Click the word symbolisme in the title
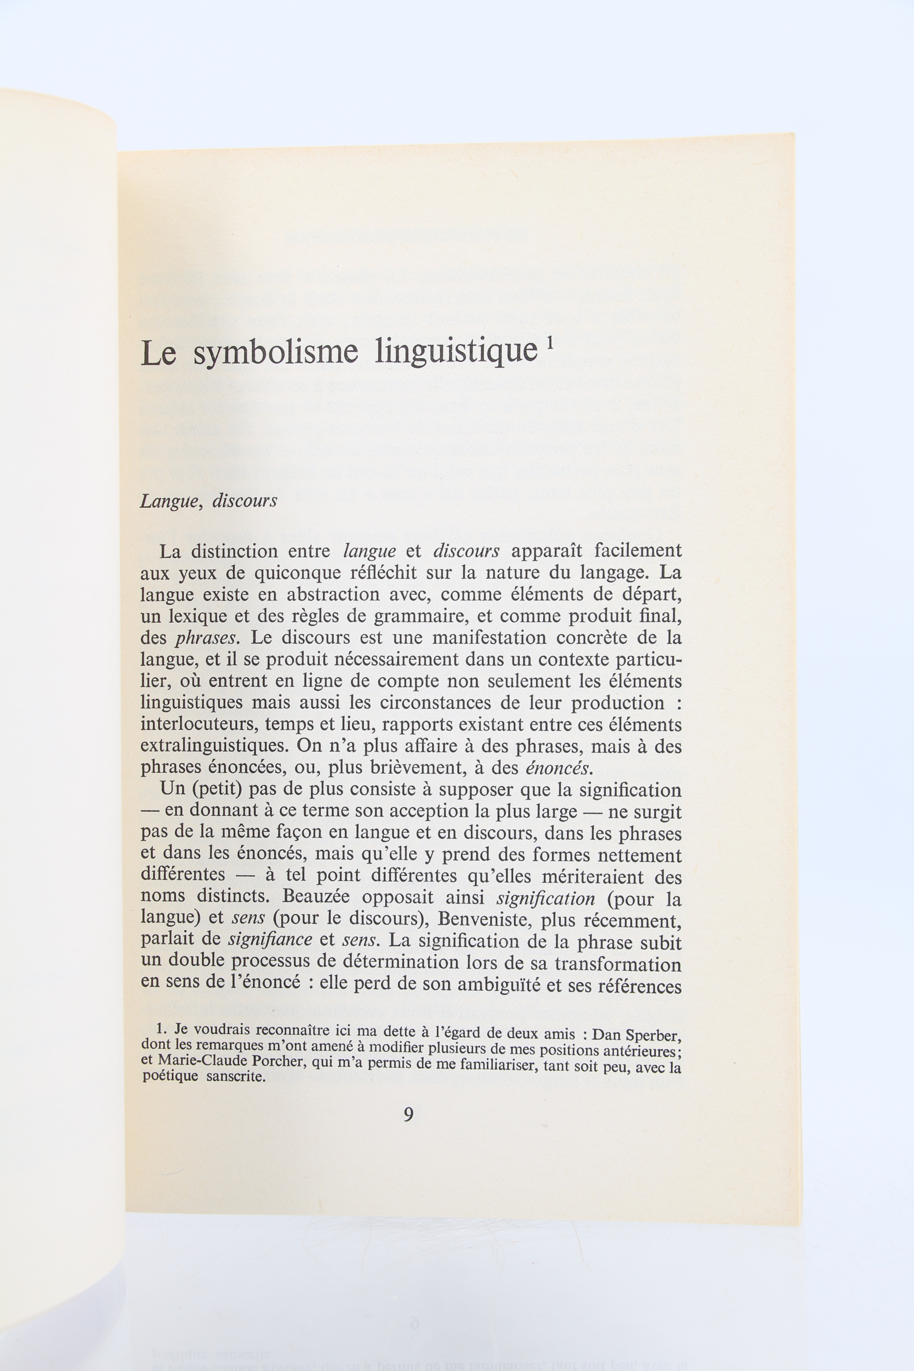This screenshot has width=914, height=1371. coord(275,353)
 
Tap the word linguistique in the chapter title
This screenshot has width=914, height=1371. coord(456,352)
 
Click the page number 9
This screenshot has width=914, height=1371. coord(409,1114)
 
